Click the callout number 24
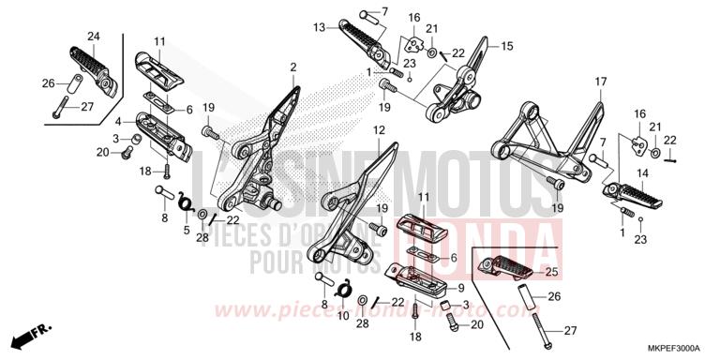pos(94,37)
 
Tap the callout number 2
pos(293,67)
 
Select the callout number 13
pos(320,27)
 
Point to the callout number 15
pos(507,46)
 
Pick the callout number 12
pos(379,129)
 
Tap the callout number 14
pos(617,174)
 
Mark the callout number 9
pos(461,287)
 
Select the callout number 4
pos(118,121)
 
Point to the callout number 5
pos(186,229)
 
